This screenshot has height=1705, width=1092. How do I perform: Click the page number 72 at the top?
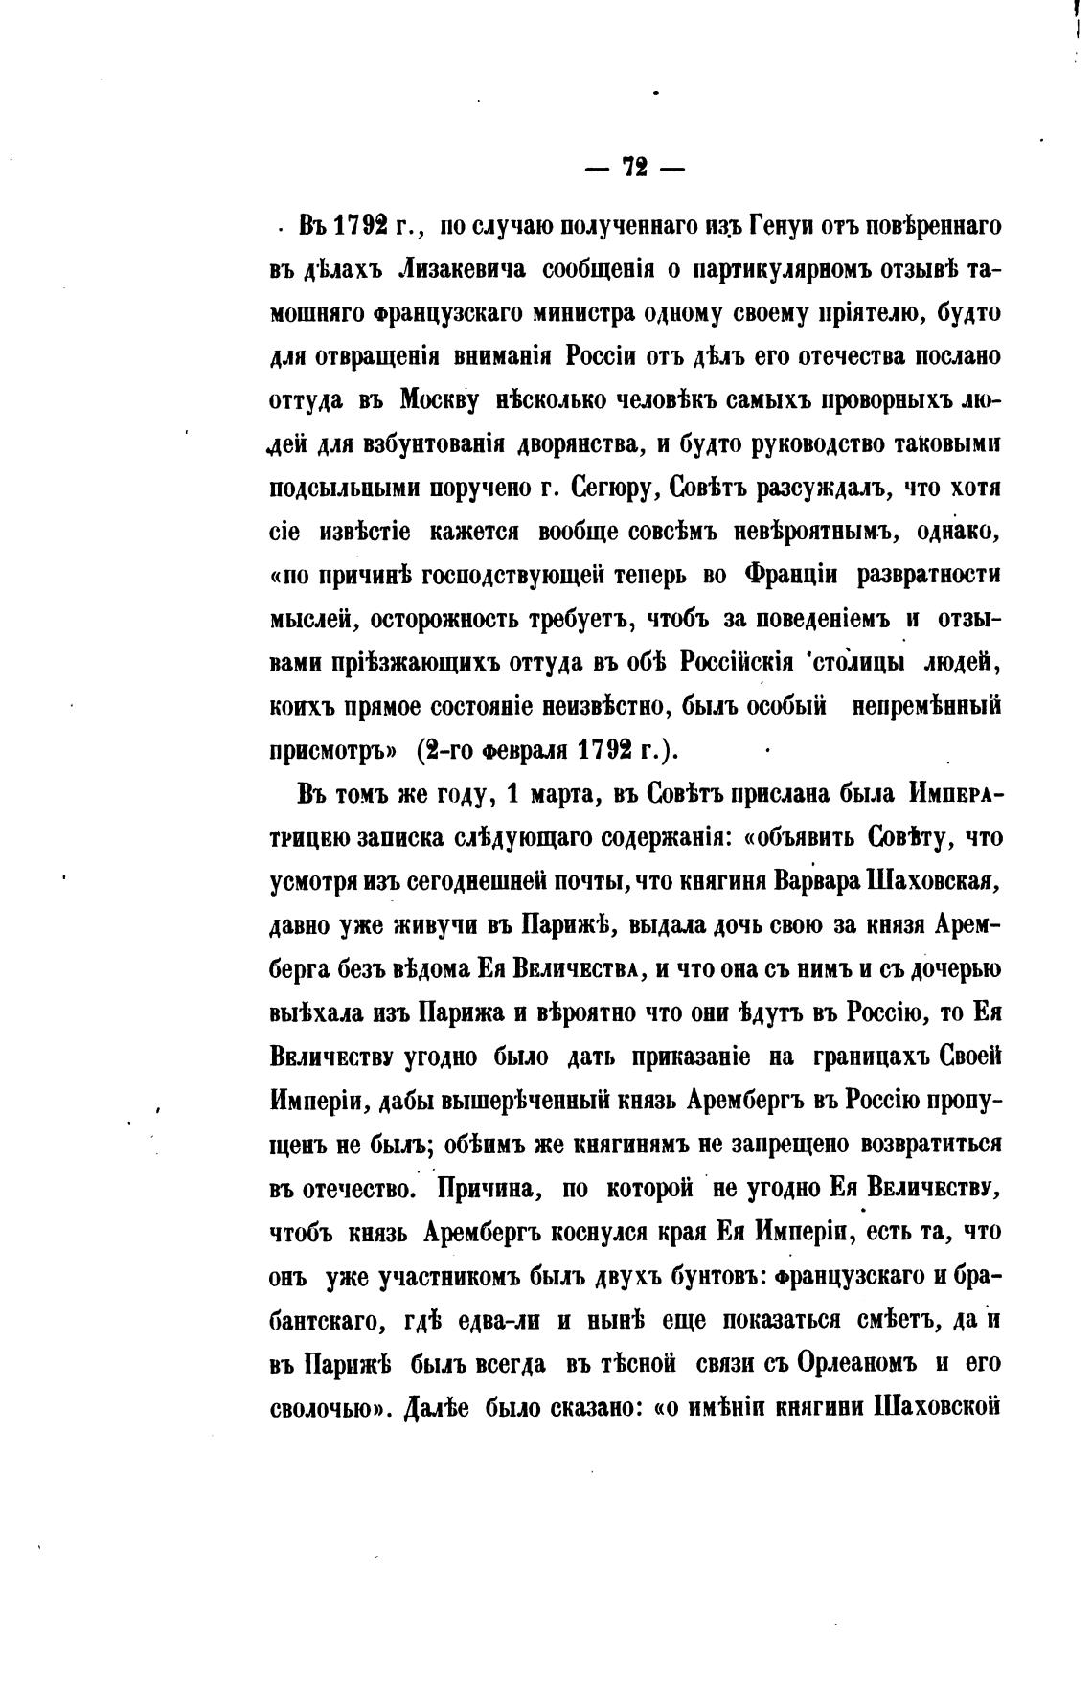(x=634, y=168)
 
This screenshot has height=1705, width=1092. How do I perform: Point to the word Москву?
(x=437, y=400)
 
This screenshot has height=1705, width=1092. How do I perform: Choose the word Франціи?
(x=790, y=575)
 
